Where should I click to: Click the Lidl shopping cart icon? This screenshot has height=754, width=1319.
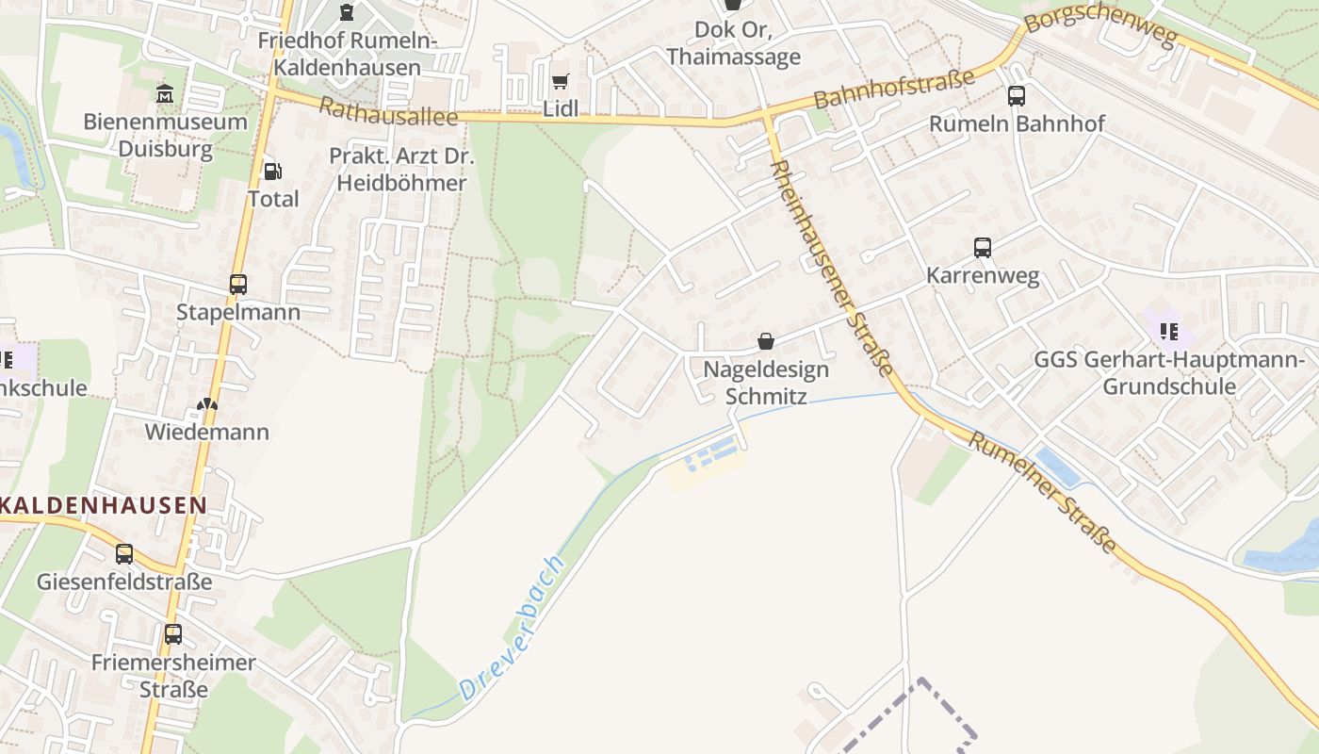(x=560, y=82)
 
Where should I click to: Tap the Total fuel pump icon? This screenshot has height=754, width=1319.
(x=272, y=171)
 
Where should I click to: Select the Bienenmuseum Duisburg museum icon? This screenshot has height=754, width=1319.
(x=165, y=93)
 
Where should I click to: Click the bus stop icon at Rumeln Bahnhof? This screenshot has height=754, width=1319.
(x=1016, y=95)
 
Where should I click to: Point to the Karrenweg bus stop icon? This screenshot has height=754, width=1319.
(x=982, y=248)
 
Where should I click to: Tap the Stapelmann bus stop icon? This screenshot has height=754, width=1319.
(x=238, y=284)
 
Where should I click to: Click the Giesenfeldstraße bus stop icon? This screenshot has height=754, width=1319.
(x=124, y=553)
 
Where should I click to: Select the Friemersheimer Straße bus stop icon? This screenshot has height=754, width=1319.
(x=172, y=633)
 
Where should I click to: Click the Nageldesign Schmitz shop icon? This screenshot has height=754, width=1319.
(x=766, y=341)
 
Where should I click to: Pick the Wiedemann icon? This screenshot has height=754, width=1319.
(x=206, y=404)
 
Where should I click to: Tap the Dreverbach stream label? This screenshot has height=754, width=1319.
(x=513, y=628)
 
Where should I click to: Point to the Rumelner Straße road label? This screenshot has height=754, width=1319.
(x=1043, y=492)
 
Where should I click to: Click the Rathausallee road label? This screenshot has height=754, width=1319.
(x=387, y=111)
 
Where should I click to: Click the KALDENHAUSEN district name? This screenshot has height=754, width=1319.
(x=104, y=505)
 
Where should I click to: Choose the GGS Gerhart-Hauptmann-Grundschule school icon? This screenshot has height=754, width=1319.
(x=1169, y=331)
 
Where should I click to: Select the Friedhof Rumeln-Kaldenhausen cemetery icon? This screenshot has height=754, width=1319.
(x=347, y=12)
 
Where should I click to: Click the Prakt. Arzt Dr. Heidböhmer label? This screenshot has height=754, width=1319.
(x=401, y=170)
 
